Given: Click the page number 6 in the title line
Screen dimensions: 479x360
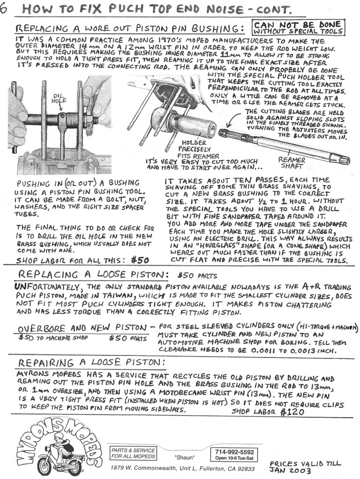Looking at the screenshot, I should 5,9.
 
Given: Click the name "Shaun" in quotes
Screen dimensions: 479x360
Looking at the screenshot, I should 184,457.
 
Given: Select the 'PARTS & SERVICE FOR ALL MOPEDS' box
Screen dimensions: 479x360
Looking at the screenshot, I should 132,453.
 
